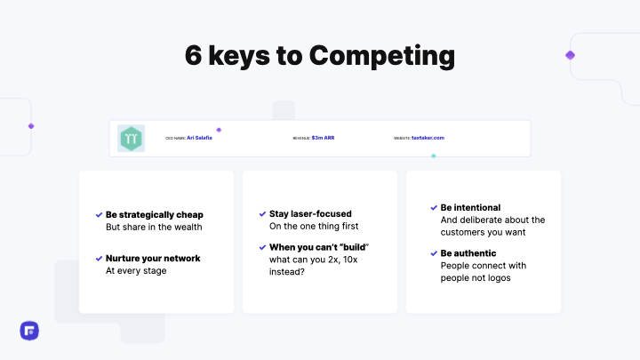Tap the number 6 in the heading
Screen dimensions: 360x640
pyautogui.click(x=194, y=55)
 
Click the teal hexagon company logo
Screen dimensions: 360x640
pyautogui.click(x=131, y=139)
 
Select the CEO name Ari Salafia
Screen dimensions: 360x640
pyautogui.click(x=200, y=138)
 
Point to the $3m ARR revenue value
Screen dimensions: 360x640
pyautogui.click(x=323, y=138)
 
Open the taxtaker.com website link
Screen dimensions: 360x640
pyautogui.click(x=428, y=138)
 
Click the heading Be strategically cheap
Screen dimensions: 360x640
pyautogui.click(x=155, y=214)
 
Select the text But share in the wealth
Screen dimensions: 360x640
pyautogui.click(x=155, y=227)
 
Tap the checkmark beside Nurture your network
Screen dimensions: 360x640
pyautogui.click(x=99, y=259)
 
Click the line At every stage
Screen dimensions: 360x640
pyautogui.click(x=136, y=271)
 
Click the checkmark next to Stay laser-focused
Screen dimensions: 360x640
pyautogui.click(x=262, y=214)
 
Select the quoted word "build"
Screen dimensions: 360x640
pyautogui.click(x=355, y=246)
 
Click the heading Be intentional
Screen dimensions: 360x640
pyautogui.click(x=470, y=207)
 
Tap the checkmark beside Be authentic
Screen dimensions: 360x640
pyautogui.click(x=433, y=253)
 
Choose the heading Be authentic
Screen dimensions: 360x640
pyautogui.click(x=468, y=253)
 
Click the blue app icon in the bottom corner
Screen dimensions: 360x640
pyautogui.click(x=28, y=331)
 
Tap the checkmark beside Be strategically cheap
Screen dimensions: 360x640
pyautogui.click(x=99, y=214)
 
